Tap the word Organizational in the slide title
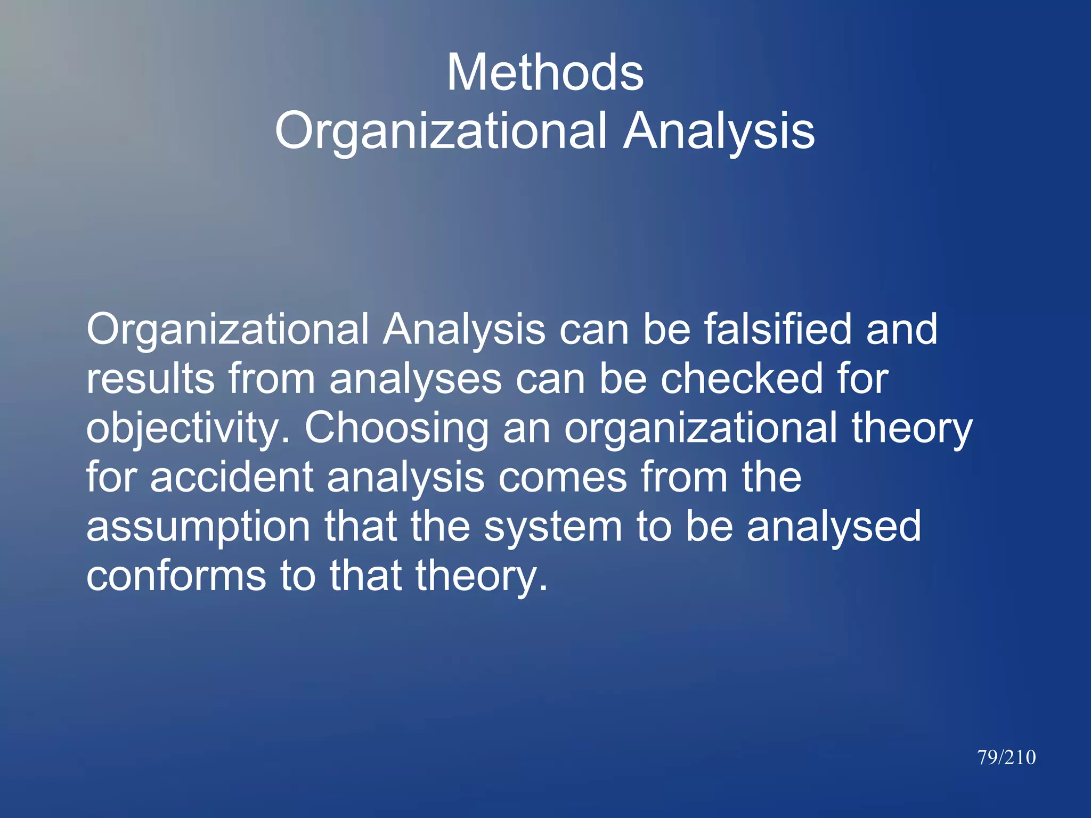pos(441,132)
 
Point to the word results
pos(151,379)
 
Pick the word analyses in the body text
pos(416,379)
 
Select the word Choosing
pos(396,429)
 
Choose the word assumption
pos(198,527)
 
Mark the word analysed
pos(834,527)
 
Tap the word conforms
pos(176,576)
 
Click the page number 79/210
pos(1006,757)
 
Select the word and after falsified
pos(902,329)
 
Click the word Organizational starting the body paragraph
pos(227,329)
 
